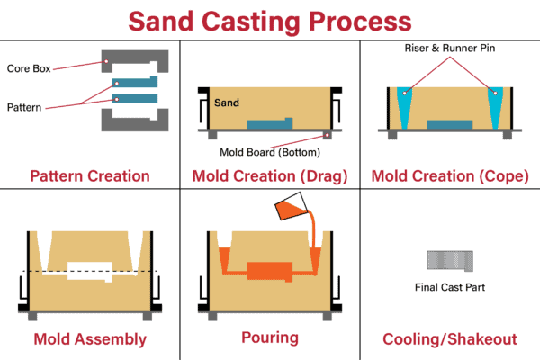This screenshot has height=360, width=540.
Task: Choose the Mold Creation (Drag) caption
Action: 269,175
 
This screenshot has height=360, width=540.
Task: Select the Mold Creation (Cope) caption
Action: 449,175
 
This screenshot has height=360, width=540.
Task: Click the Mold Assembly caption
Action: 90,339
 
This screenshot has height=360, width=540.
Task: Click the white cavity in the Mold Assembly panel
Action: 90,271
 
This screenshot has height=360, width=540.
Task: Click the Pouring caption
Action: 270,339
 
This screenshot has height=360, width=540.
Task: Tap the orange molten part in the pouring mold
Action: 270,271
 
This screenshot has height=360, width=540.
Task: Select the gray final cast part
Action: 449,259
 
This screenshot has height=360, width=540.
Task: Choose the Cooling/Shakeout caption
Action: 449,339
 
